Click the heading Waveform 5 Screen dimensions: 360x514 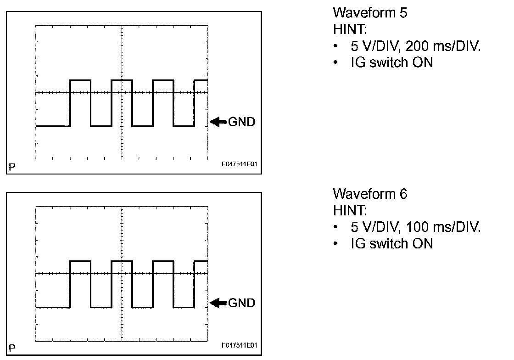pos(369,12)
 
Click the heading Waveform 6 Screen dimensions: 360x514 pos(369,194)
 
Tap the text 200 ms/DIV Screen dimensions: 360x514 pos(443,46)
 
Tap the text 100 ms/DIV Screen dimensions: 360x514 pos(443,227)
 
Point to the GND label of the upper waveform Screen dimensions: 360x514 pos(241,122)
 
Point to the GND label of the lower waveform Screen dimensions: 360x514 pos(241,303)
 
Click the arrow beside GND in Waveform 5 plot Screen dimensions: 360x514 pos(218,122)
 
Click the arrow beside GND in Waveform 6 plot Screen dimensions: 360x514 pos(218,303)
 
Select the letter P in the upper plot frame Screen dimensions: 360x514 pos(12,167)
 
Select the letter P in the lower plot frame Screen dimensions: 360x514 pos(12,348)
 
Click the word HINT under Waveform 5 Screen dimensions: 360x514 pos(350,29)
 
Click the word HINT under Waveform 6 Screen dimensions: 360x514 pos(350,211)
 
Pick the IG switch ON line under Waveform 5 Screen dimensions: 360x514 pos(391,62)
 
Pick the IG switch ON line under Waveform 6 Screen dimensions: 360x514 pos(391,243)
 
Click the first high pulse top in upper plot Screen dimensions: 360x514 pos(80,80)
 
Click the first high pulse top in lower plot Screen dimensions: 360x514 pos(80,261)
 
